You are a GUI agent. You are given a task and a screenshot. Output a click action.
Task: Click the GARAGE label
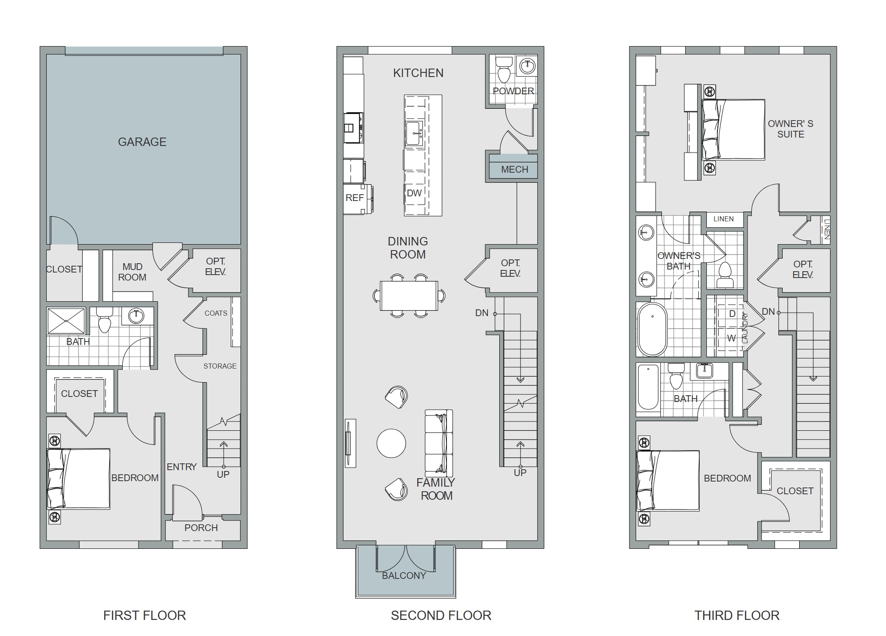tap(142, 142)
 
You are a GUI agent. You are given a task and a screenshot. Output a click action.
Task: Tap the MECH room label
tap(515, 170)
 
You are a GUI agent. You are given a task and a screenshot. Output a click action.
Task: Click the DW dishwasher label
tap(414, 193)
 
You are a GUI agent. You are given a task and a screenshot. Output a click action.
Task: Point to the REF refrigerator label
tap(354, 198)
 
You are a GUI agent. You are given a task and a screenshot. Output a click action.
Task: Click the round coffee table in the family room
tap(391, 443)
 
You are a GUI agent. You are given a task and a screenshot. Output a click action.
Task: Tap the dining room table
tap(409, 296)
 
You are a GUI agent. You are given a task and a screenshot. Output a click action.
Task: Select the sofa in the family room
tap(439, 443)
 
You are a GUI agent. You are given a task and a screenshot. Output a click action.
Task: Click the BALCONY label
tap(404, 575)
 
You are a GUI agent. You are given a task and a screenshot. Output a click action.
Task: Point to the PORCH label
tap(201, 528)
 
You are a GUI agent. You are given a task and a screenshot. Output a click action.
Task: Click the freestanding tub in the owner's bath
tap(652, 330)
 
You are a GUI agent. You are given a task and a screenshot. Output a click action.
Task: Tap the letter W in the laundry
tap(731, 338)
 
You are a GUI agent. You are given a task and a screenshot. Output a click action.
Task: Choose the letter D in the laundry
tap(732, 314)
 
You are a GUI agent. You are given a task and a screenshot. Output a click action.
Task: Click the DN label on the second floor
tap(482, 313)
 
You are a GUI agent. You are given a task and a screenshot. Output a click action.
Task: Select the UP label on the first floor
tap(223, 474)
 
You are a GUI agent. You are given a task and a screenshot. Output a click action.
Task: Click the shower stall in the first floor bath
tap(66, 321)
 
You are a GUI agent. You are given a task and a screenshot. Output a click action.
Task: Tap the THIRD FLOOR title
tap(737, 615)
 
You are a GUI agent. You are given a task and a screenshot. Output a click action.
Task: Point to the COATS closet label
tap(216, 313)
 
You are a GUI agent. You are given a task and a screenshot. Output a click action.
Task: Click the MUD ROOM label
tap(132, 272)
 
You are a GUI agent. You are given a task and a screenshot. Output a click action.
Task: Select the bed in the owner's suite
tap(734, 129)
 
